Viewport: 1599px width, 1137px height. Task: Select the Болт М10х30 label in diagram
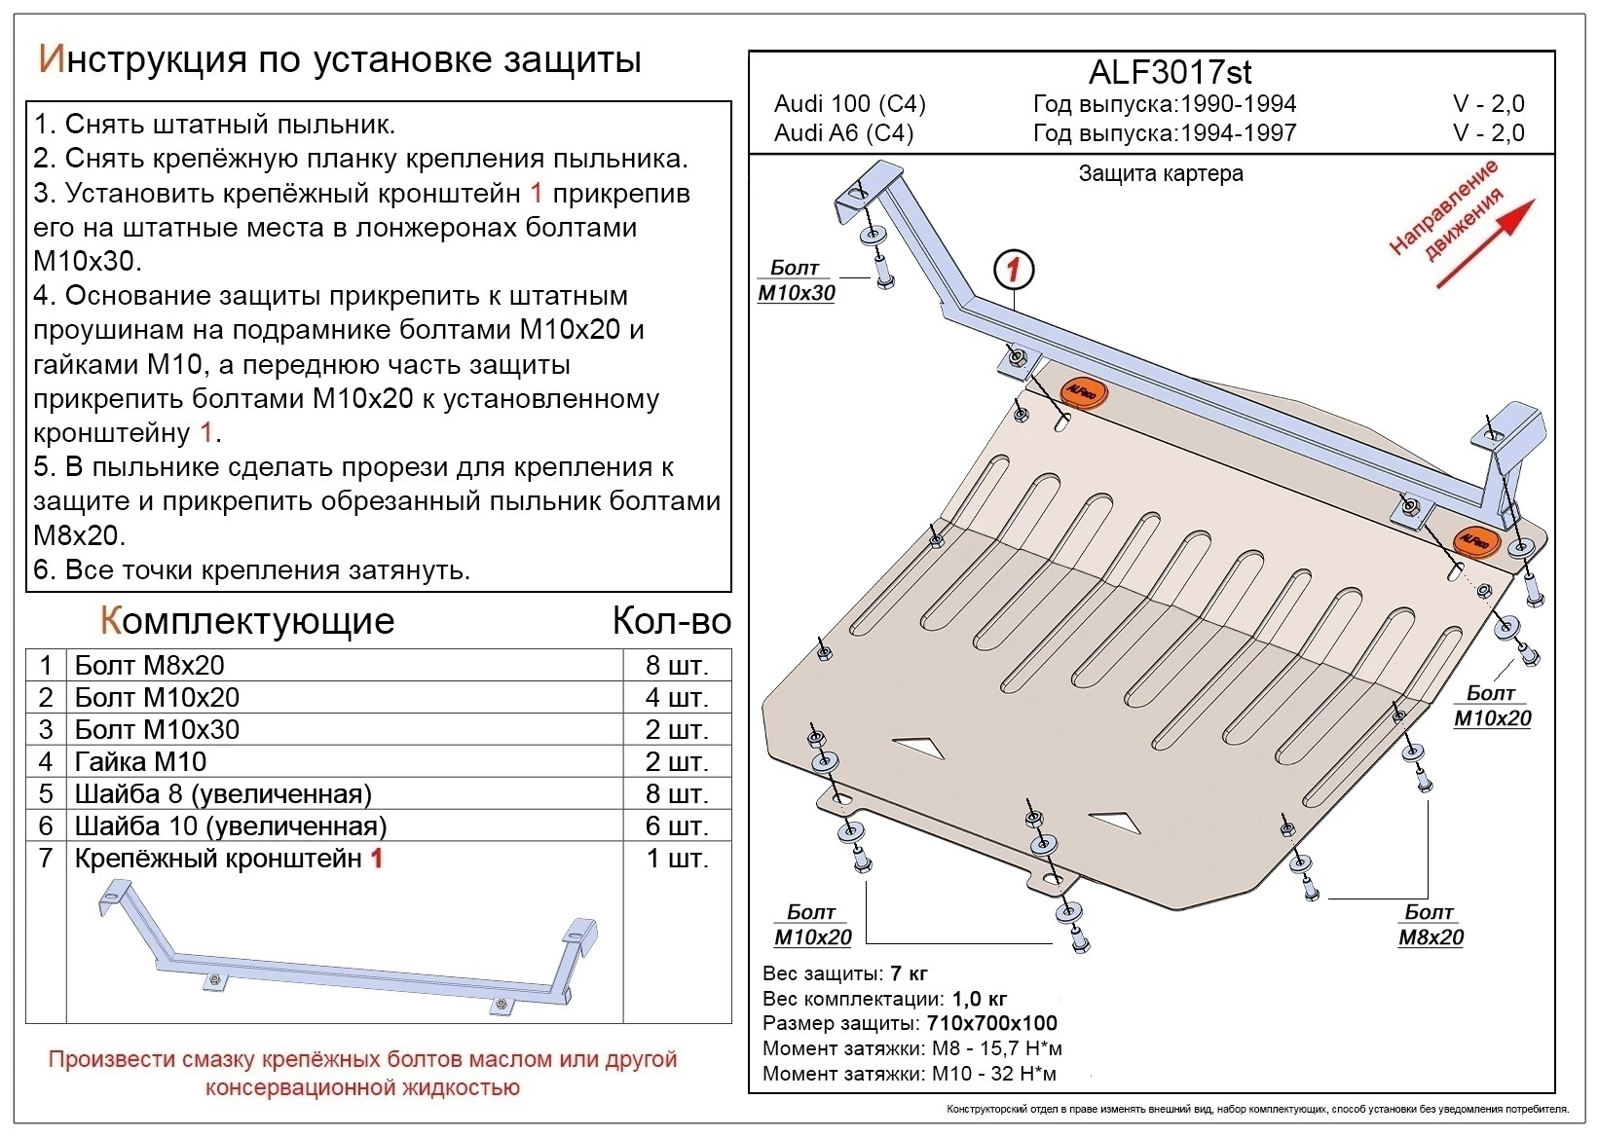pyautogui.click(x=796, y=280)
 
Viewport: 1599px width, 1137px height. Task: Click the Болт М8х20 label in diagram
pyautogui.click(x=1430, y=925)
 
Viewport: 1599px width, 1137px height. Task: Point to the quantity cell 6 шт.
pyautogui.click(x=677, y=825)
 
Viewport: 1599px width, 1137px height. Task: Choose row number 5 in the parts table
pyautogui.click(x=46, y=793)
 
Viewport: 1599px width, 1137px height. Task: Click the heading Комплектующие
pyautogui.click(x=247, y=620)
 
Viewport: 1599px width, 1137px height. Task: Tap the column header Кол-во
pyautogui.click(x=671, y=621)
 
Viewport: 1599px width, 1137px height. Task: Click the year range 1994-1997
pyautogui.click(x=1238, y=132)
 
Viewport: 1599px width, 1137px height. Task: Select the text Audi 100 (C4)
pyautogui.click(x=849, y=103)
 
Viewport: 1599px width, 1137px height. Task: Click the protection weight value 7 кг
pyautogui.click(x=909, y=973)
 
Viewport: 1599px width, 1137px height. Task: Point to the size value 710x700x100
pyautogui.click(x=990, y=1023)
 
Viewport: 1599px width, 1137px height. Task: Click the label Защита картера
pyautogui.click(x=1160, y=174)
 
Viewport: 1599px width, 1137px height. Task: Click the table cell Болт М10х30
pyautogui.click(x=157, y=729)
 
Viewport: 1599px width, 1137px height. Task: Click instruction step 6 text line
pyautogui.click(x=252, y=569)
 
